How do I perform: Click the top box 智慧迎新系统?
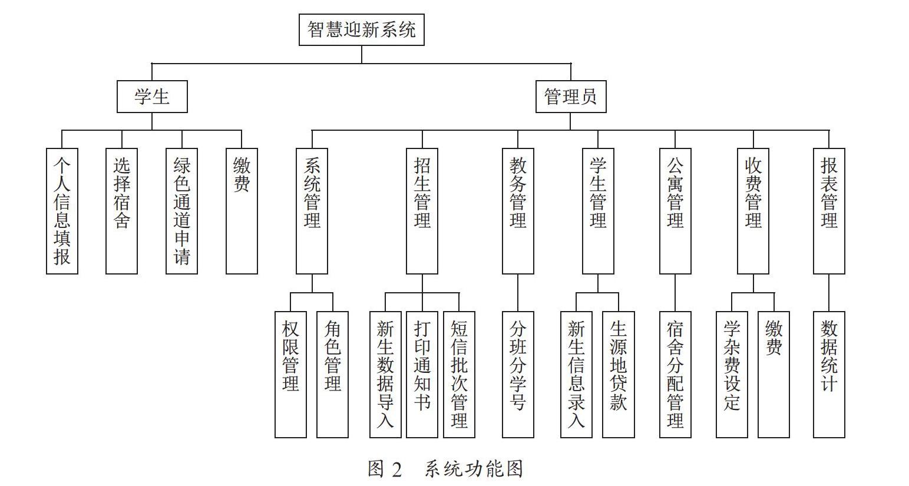(362, 29)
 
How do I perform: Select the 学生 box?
(152, 97)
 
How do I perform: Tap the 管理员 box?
(571, 97)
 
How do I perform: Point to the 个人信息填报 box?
(62, 211)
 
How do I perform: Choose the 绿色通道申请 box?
(182, 211)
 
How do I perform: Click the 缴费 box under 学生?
(242, 211)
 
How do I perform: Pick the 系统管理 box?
(312, 211)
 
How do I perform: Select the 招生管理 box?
(422, 211)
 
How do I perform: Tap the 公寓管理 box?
(675, 211)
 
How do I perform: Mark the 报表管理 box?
(829, 211)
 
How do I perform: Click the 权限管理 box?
(290, 375)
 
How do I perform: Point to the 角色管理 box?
(333, 375)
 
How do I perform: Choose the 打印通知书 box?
(422, 375)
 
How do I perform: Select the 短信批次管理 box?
(460, 375)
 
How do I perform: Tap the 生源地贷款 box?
(619, 375)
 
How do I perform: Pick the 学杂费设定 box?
(732, 375)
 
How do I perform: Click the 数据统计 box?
(829, 375)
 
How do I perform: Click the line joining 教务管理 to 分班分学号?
(518, 293)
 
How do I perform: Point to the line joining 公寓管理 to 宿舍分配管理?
(675, 293)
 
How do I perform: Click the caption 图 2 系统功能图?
(445, 470)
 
